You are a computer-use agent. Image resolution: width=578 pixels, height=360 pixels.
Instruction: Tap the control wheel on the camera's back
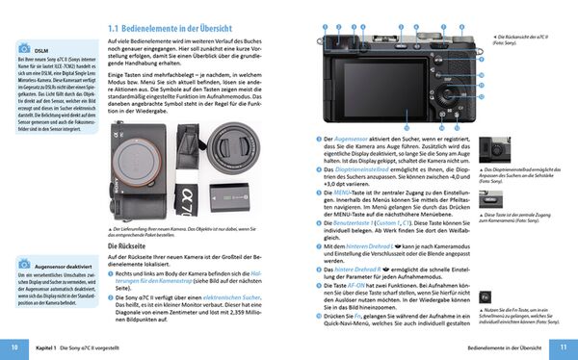coord(445,96)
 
